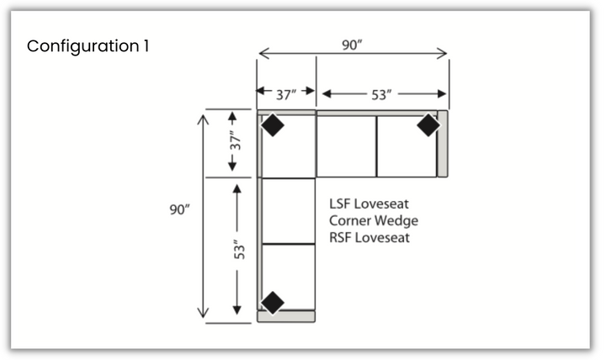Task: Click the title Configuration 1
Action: coord(88,45)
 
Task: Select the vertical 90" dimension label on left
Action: coord(179,209)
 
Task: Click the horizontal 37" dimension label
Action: coord(286,94)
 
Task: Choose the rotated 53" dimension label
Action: coord(238,249)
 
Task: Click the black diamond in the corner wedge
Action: coord(272,125)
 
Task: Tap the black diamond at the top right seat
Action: coord(428,125)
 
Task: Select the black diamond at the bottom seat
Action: coord(272,301)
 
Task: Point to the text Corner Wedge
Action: coord(374,220)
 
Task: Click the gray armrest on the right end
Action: coord(443,144)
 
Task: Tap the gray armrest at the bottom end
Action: coord(286,316)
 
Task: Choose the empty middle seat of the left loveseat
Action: coord(288,210)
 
